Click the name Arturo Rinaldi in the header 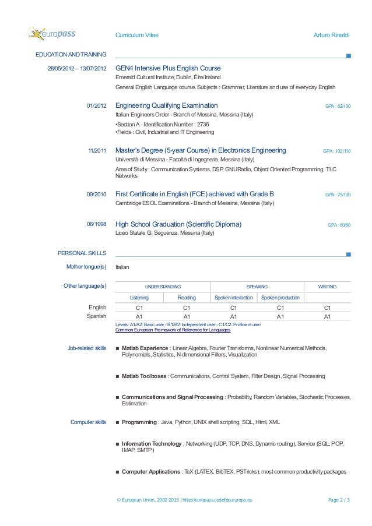[332, 36]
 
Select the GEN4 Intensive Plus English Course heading [168, 68]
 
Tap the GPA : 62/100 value [338, 107]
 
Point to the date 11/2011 [97, 151]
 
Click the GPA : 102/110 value [336, 151]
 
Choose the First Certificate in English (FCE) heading [195, 194]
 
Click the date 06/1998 [96, 224]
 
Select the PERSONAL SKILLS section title [82, 253]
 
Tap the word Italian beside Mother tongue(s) [122, 267]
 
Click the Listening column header [139, 298]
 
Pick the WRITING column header [327, 287]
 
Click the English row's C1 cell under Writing [327, 308]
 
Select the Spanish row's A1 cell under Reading [186, 316]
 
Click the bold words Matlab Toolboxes [144, 377]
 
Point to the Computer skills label [88, 422]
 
